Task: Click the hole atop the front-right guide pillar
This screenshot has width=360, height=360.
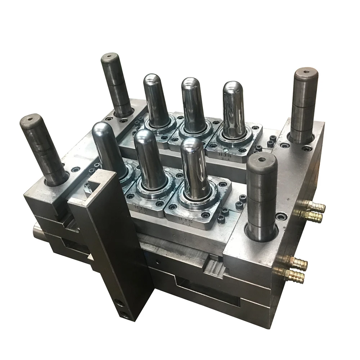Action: click(x=262, y=159)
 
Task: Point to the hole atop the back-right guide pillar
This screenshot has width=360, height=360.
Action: click(x=306, y=72)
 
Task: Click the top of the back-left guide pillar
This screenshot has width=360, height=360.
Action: click(x=109, y=58)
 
